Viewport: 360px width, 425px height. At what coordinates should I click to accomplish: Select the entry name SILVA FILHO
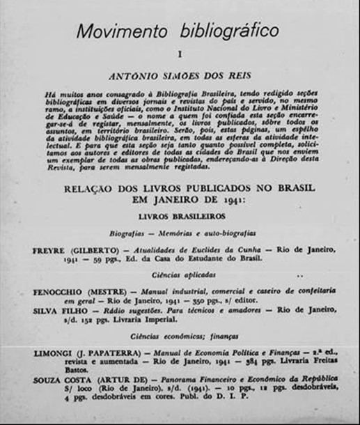pyautogui.click(x=58, y=311)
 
